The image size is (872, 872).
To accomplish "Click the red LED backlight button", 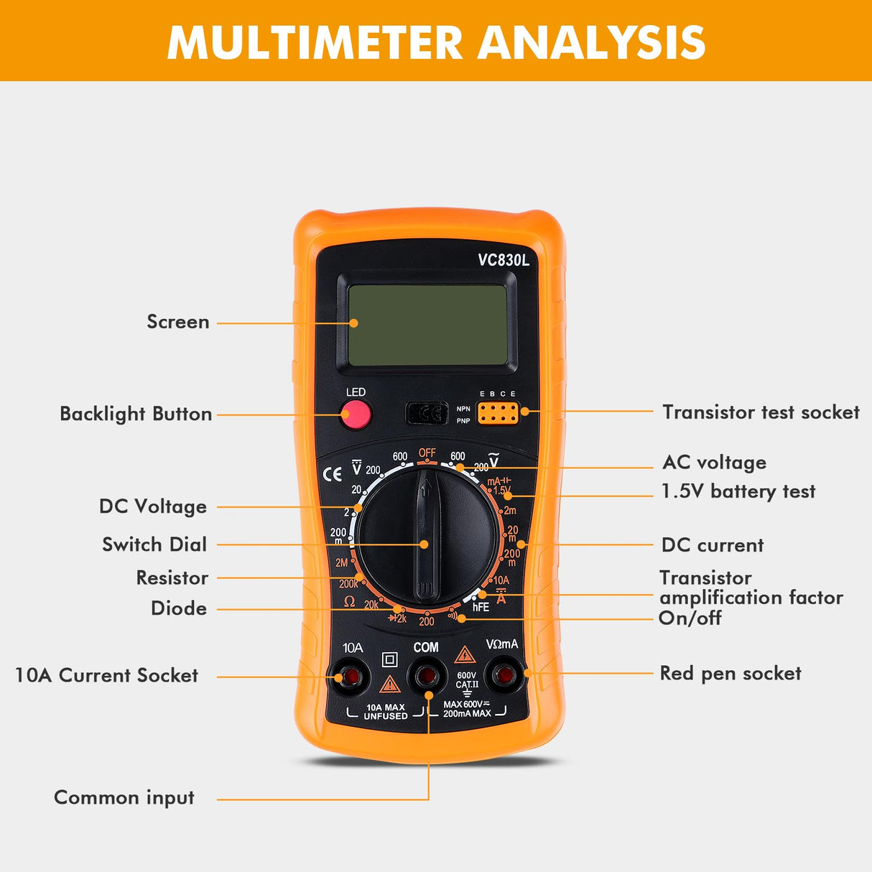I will [x=356, y=414].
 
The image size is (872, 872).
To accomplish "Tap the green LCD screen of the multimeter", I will [x=428, y=325].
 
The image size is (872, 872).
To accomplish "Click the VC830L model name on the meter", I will [x=504, y=260].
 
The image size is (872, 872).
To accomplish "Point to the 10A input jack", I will [x=352, y=677].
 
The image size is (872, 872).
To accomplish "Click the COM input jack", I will [x=427, y=676].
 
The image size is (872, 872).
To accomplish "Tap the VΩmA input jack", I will [x=504, y=675].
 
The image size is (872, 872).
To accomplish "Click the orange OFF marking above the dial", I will [x=427, y=453].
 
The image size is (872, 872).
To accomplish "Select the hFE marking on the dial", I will [x=481, y=608].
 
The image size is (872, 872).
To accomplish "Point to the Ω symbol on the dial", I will [x=349, y=601].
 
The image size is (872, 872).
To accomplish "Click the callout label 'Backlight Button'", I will [x=136, y=414].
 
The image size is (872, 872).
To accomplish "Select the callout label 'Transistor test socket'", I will [x=760, y=412].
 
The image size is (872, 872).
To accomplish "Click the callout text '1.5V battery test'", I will [x=738, y=491].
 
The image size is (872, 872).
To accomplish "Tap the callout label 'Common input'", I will [x=124, y=798].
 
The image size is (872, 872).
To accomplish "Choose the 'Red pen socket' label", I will [x=730, y=674].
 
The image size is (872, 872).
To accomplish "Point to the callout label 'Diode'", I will [x=179, y=608].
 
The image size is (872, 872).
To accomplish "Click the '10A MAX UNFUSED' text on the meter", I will [x=386, y=712].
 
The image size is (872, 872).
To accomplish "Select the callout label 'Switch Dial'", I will [x=154, y=544].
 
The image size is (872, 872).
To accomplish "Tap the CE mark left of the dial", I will [x=333, y=475].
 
